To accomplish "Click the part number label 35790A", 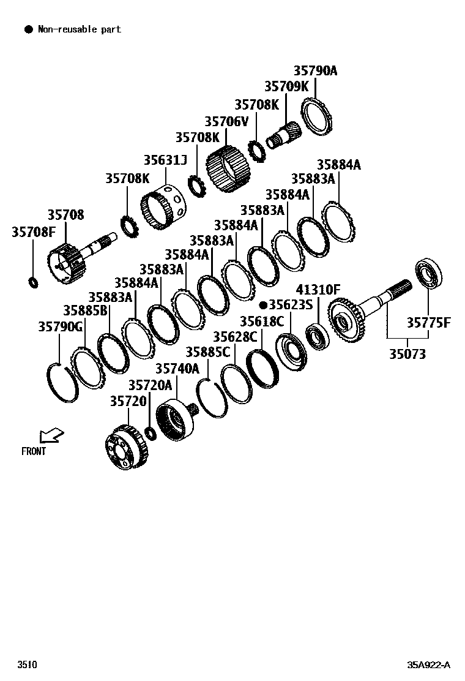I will point(315,71).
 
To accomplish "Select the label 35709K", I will point(286,87).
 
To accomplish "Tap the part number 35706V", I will point(226,122).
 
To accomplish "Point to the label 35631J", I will point(165,160).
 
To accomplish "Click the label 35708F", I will point(34,232).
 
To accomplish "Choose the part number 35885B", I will point(86,310).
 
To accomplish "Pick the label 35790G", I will point(60,327).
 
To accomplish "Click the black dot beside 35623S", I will point(263,304).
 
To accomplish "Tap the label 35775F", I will point(429,323).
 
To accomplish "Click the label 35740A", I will point(177,369).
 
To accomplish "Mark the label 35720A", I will point(151,385).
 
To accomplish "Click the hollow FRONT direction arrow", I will point(50,435).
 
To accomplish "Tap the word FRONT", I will point(34,452).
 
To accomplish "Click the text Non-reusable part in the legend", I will point(80,29).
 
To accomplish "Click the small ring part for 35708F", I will point(34,282).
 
